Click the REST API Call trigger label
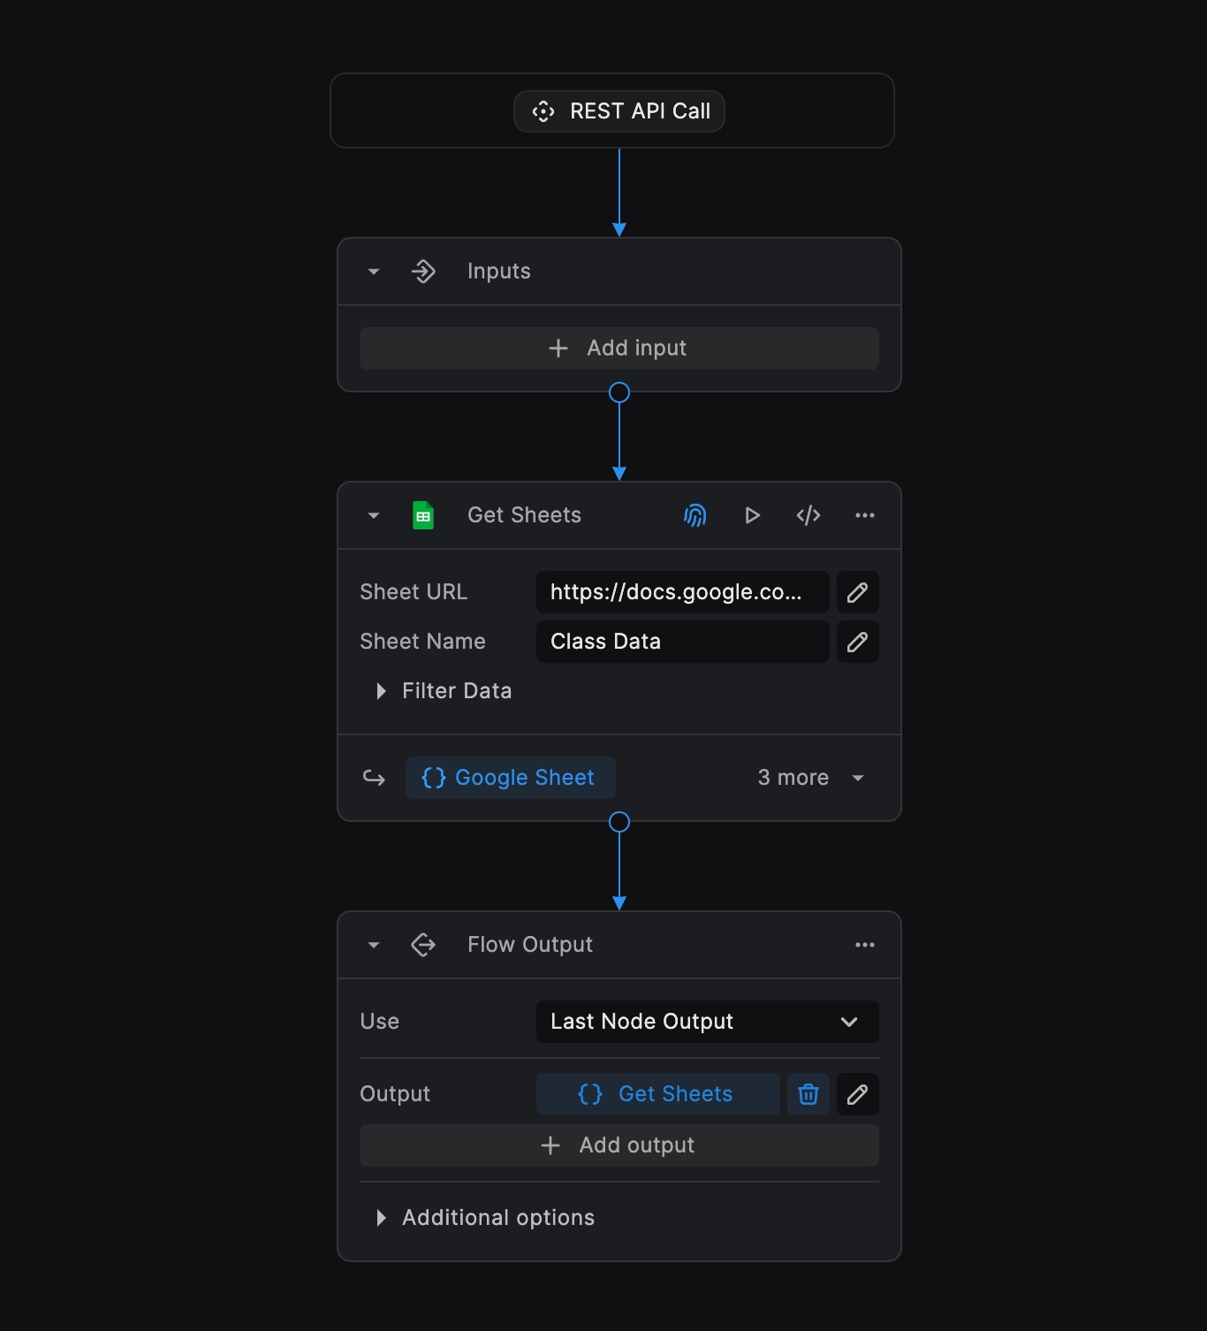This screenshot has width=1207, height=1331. tap(619, 110)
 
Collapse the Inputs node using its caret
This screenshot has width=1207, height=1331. tap(374, 271)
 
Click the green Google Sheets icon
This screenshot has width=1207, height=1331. tap(423, 515)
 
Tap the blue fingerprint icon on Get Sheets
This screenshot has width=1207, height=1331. tap(695, 515)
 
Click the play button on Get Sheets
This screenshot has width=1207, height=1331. tap(752, 515)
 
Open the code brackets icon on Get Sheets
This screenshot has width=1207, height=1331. tap(808, 515)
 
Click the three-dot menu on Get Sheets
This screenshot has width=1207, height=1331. tap(865, 515)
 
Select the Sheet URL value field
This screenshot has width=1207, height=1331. tap(682, 592)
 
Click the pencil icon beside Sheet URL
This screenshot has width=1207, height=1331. tap(857, 592)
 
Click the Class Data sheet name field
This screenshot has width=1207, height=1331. tap(682, 642)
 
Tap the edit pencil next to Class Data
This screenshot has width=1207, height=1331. tap(857, 642)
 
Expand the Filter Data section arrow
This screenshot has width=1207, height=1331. tap(381, 691)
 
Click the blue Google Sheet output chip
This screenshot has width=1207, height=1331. tap(510, 778)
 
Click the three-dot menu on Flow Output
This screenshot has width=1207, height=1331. tap(865, 945)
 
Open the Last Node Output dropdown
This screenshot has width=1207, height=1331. tap(708, 1022)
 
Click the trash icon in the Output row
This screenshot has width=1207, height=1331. tap(808, 1094)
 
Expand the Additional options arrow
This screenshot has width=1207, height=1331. tap(381, 1218)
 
